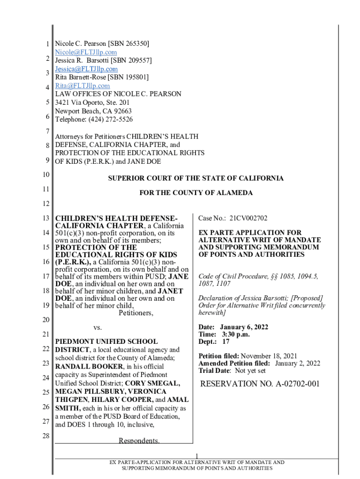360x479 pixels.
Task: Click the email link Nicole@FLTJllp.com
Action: tap(86, 52)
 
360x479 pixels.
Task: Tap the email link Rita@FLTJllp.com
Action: tap(83, 86)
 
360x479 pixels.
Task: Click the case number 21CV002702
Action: tap(248, 218)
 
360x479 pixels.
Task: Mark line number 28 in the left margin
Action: tap(45, 436)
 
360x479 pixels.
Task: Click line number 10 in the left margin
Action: tap(45, 174)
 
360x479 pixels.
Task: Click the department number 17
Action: tap(225, 341)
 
